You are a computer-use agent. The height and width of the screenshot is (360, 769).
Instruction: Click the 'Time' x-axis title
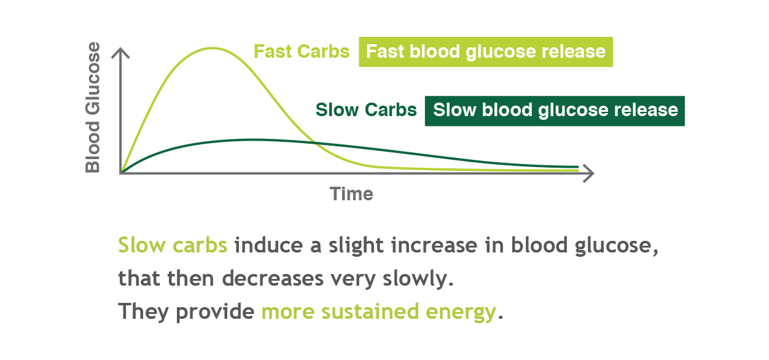point(351,194)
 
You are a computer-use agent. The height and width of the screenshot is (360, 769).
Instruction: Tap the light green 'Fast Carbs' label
point(302,52)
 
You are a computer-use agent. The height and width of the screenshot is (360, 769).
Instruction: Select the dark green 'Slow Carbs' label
point(366,110)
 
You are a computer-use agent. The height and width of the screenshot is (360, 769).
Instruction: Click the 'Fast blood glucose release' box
point(485,52)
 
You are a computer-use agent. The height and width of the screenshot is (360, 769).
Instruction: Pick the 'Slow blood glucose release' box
point(555,111)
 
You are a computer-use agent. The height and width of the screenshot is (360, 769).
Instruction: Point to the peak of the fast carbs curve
point(213,48)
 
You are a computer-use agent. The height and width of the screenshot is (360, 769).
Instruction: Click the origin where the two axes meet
point(122,173)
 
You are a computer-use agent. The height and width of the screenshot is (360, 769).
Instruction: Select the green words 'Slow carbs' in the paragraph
point(173,246)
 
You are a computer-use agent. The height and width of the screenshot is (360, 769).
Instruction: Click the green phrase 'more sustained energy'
point(378,311)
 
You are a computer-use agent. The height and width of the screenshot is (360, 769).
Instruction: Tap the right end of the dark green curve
point(577,166)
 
